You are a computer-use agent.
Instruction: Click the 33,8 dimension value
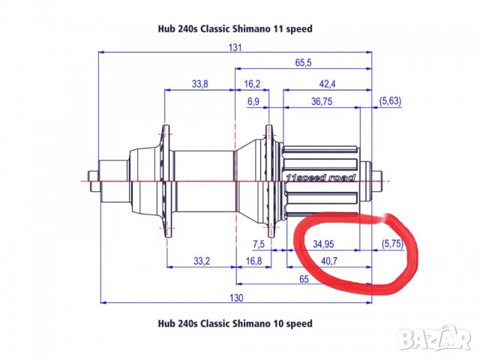[x=199, y=84]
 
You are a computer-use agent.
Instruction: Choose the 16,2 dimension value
[x=252, y=84]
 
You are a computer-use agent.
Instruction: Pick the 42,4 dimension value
[x=327, y=84]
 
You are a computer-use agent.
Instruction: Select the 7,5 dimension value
[x=259, y=244]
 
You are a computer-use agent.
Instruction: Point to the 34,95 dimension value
[x=324, y=244]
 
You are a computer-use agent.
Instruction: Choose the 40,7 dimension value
[x=328, y=260]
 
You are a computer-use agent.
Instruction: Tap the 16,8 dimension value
[x=253, y=260]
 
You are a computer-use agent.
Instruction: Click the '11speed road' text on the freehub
[x=320, y=178]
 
